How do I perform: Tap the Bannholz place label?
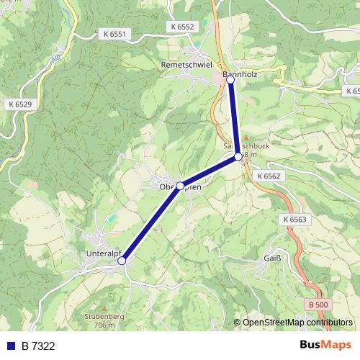coord(240,73)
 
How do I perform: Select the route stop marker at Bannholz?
coord(230,81)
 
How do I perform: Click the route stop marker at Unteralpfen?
coord(122,261)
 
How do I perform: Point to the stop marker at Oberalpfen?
coord(180,185)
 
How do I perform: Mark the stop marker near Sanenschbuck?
coord(238,156)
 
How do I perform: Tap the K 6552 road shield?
coord(183,26)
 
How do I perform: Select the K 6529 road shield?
coord(19,105)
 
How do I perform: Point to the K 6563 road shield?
coord(294,219)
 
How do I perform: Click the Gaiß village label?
coord(273,258)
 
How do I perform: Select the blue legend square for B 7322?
coord(10,346)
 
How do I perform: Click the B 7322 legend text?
coord(38,346)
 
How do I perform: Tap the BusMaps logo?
coord(326,346)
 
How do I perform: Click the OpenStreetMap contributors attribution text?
coord(297,323)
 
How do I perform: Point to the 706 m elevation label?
coord(104,325)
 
